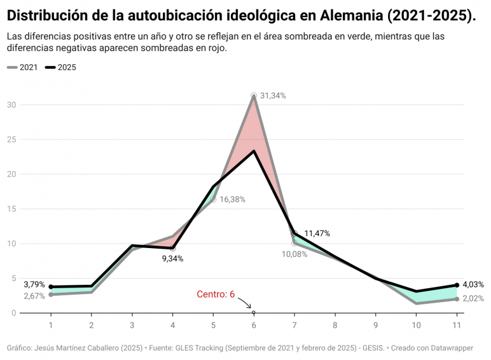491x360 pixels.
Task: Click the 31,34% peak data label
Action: tap(273, 96)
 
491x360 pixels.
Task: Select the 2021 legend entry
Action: tap(24, 67)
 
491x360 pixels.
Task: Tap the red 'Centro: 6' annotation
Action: tap(216, 294)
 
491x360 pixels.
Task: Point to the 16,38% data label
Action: tap(232, 199)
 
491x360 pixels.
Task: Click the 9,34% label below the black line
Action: tap(172, 259)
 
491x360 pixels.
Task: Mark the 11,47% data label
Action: tap(317, 233)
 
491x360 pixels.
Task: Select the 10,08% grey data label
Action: tap(294, 254)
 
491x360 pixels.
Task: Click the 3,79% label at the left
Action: tap(34, 284)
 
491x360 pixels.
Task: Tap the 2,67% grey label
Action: tap(34, 296)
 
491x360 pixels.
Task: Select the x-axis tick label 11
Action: tap(457, 325)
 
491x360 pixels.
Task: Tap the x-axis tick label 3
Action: tap(132, 325)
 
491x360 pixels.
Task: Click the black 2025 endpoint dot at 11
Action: tap(457, 285)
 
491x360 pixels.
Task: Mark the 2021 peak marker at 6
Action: tap(254, 95)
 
